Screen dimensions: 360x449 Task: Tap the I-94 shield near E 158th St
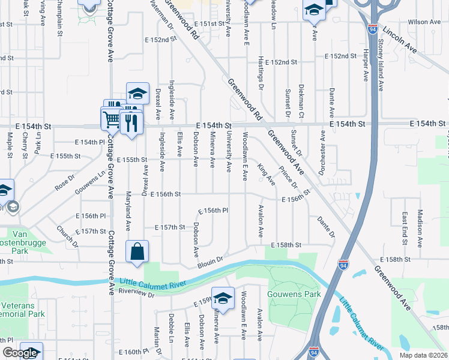342,266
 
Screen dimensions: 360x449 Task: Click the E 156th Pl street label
214,211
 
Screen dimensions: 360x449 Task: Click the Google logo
20,353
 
